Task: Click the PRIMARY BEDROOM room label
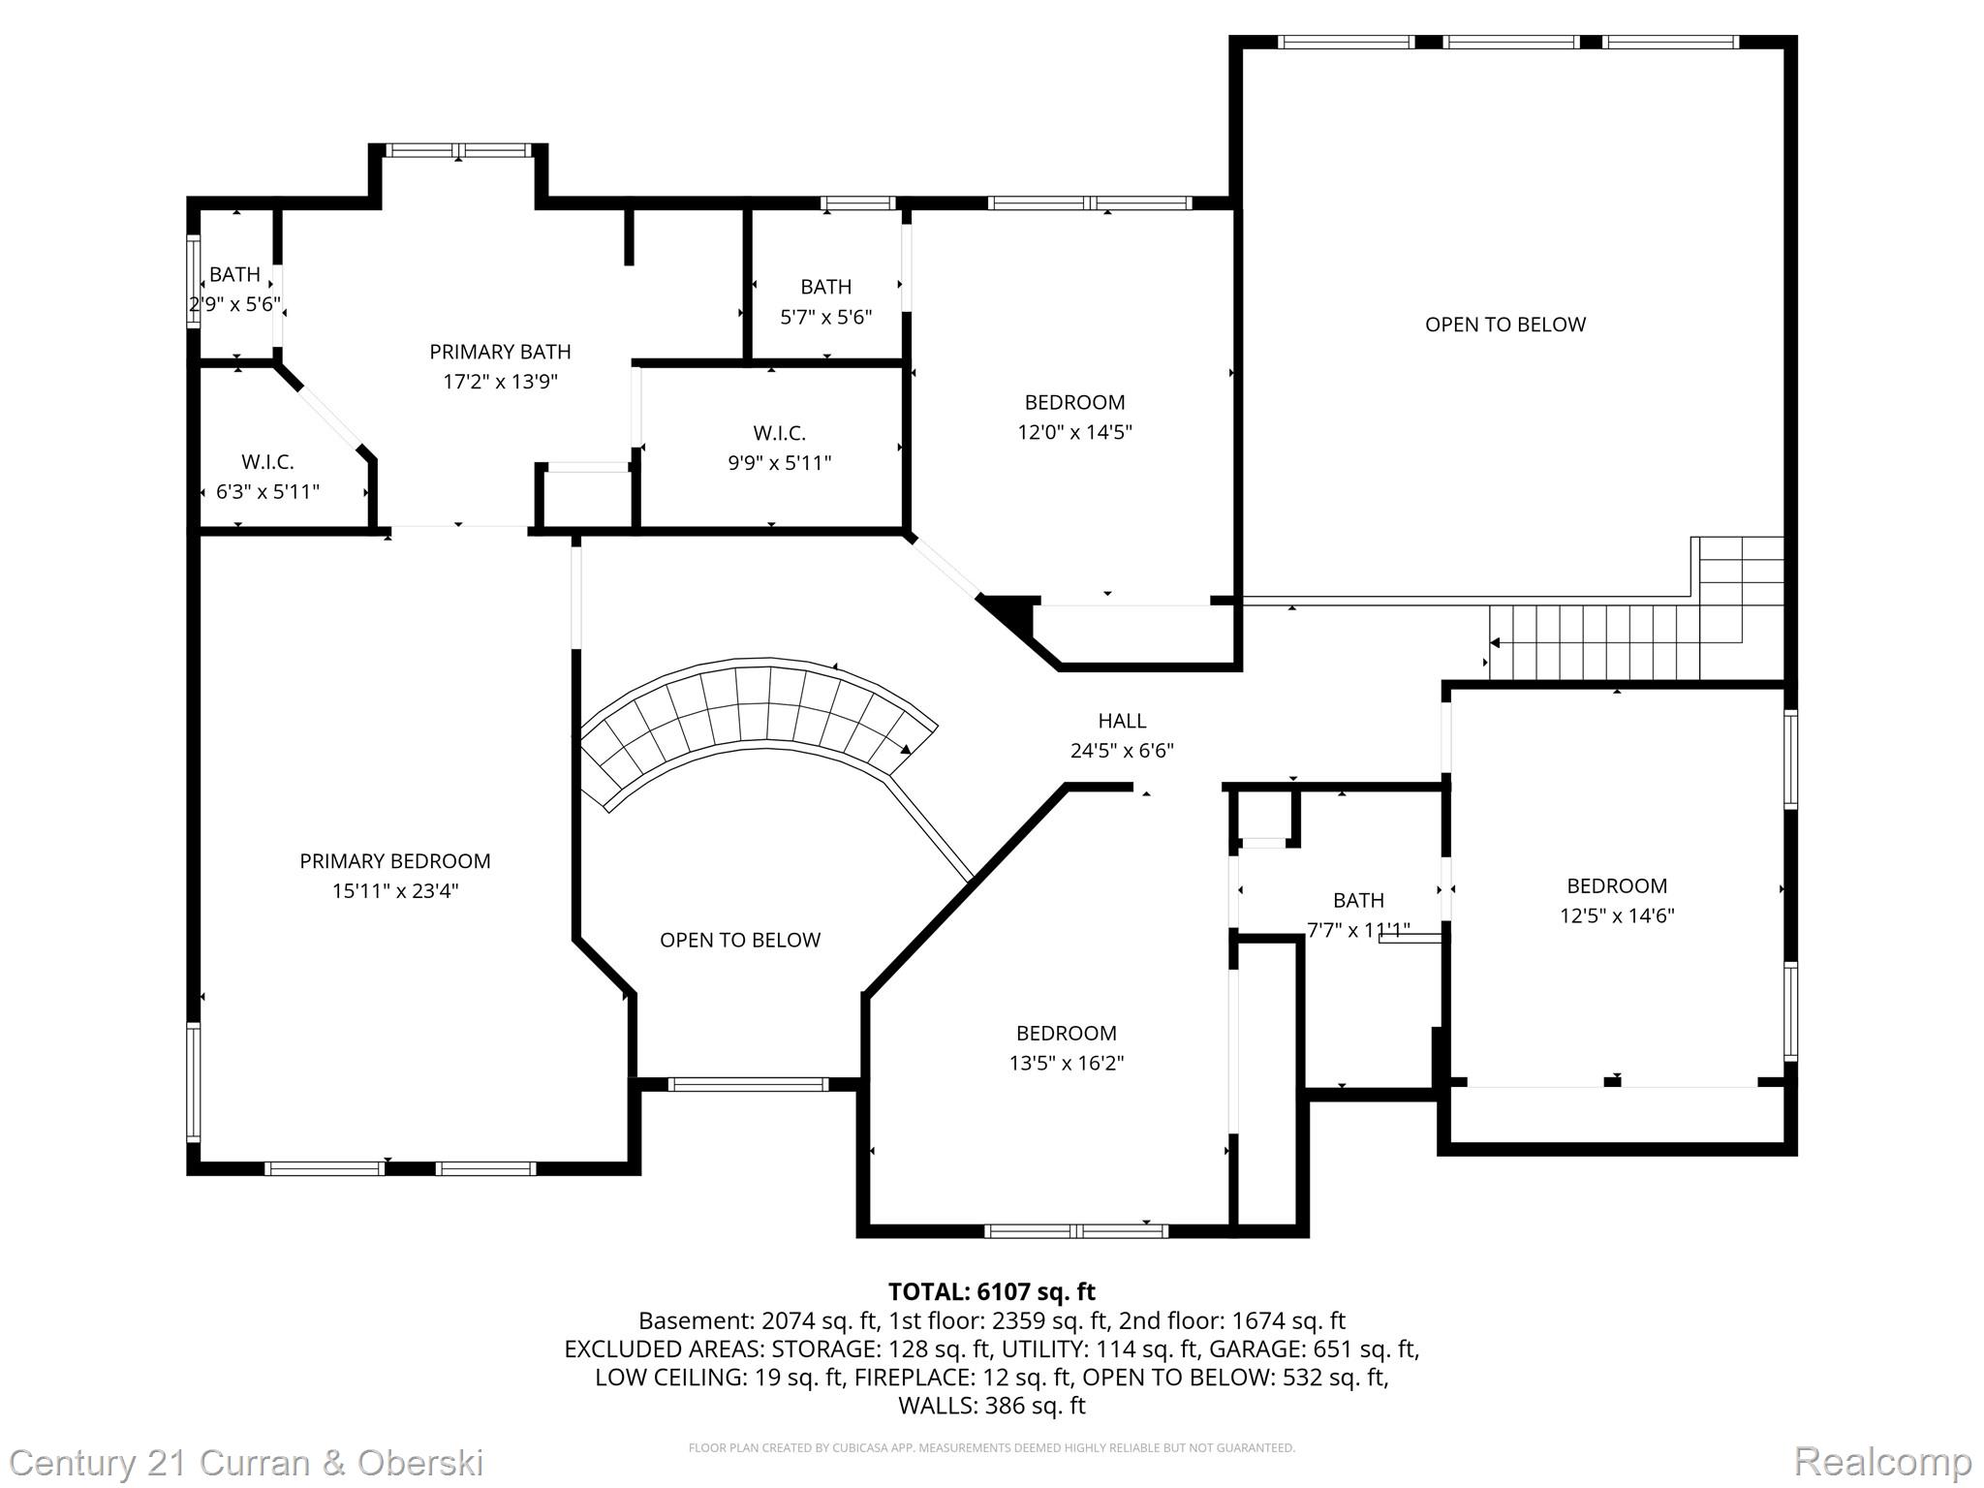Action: point(394,861)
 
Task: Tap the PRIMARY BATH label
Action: point(500,352)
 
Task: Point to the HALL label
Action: point(1122,721)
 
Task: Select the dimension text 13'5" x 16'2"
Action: point(1067,1063)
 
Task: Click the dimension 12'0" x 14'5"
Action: point(1074,432)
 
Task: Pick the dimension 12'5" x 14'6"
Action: point(1617,915)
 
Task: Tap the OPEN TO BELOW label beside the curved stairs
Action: point(740,940)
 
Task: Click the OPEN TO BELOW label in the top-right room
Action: point(1505,325)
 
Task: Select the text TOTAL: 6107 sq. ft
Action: point(991,1291)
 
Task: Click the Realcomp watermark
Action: point(1882,1462)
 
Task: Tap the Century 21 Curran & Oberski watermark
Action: point(246,1462)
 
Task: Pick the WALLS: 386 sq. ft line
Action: point(991,1406)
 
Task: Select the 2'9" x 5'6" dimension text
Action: point(234,304)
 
